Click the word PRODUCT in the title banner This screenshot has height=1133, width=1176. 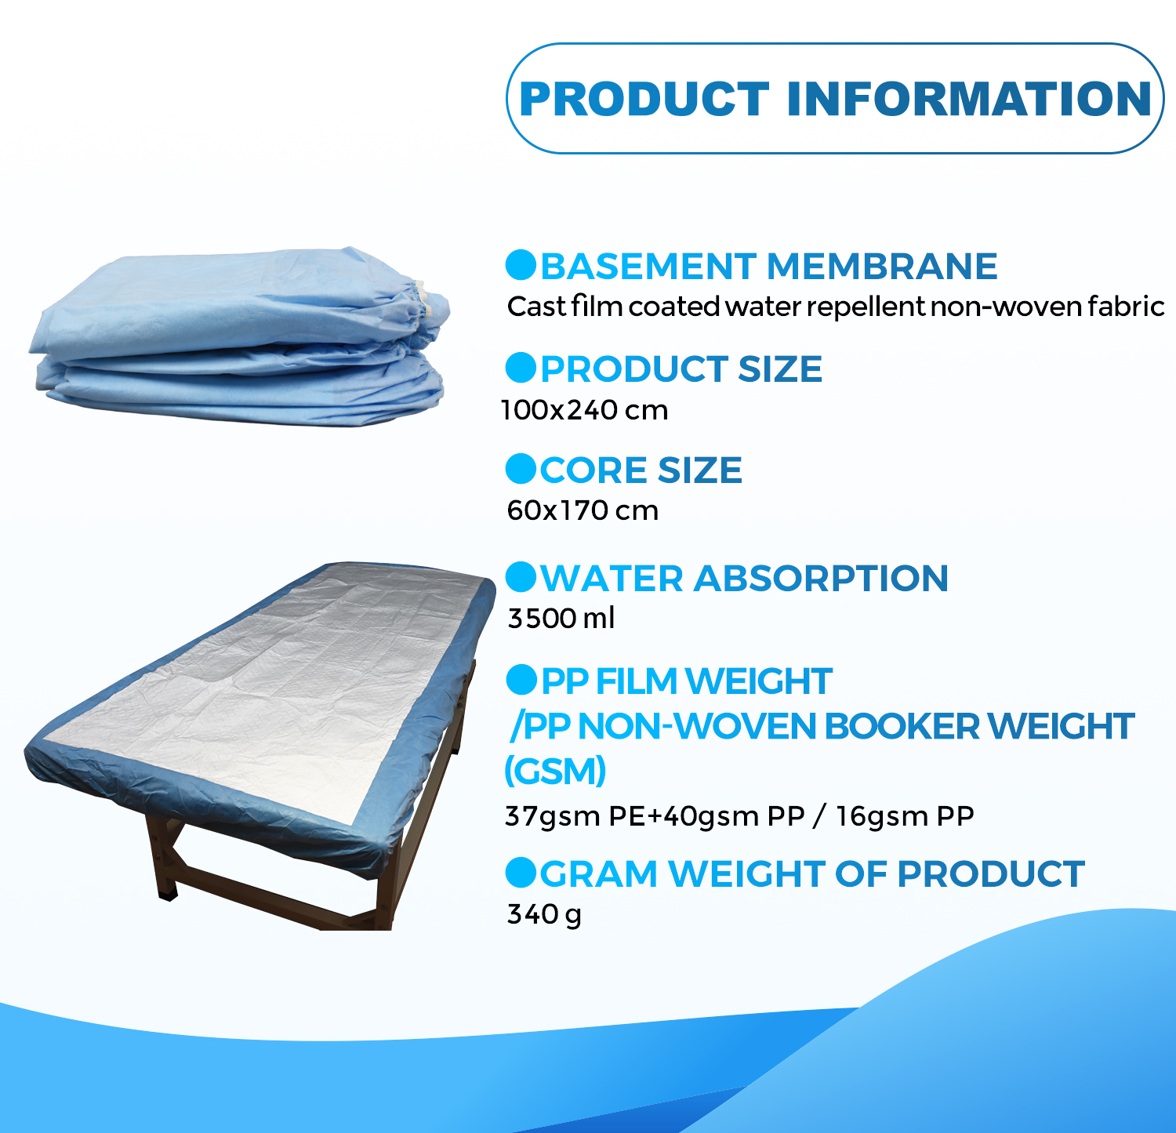644,99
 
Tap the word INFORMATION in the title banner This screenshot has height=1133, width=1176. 968,99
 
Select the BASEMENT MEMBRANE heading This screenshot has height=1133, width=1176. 768,267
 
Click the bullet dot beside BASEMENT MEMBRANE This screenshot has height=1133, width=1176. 521,265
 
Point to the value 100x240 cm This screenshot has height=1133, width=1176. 585,410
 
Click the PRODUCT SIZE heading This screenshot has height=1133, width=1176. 681,369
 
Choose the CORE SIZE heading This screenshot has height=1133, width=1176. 641,470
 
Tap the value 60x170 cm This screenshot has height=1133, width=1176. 583,511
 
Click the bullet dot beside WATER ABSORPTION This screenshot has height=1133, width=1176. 521,577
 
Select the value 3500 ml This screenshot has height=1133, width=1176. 561,619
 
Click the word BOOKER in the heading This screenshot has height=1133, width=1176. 902,727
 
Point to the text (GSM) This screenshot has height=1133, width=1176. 555,772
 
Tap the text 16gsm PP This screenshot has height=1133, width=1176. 905,816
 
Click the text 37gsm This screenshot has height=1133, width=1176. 553,816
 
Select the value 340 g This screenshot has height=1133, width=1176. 544,914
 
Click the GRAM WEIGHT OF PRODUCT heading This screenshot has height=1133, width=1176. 811,874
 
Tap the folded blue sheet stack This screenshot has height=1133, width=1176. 235,337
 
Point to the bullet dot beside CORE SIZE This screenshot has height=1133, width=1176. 521,469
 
